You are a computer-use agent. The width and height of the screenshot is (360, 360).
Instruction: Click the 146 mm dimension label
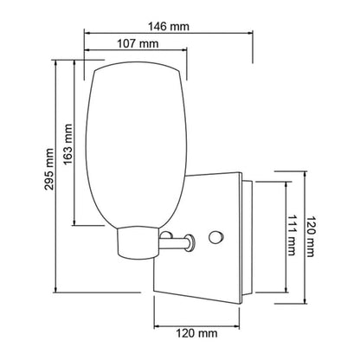tap(169, 27)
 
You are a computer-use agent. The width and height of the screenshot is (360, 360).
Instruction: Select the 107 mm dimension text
tap(138, 44)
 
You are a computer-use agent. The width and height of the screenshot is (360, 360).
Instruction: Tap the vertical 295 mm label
tap(49, 169)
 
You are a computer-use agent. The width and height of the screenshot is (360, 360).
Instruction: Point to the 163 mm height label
tap(67, 144)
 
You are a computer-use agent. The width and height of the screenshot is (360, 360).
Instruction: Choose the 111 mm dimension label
tap(292, 235)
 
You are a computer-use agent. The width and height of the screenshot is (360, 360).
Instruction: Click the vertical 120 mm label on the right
tap(310, 236)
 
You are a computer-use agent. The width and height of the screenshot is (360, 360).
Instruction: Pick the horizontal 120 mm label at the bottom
tap(196, 334)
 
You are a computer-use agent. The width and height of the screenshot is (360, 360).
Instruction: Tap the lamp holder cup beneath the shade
tap(138, 242)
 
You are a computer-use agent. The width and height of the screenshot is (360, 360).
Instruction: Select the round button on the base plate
tap(216, 237)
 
